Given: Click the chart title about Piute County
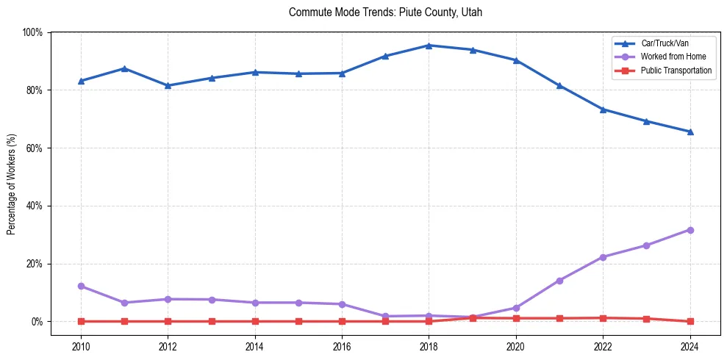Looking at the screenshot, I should click(x=385, y=12).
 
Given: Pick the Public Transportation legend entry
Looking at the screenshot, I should click(x=676, y=71).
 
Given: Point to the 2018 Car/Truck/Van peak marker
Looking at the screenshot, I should click(x=429, y=46).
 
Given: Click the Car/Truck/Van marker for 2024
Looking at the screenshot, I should click(x=690, y=132).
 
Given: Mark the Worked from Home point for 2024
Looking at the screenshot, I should click(x=690, y=230).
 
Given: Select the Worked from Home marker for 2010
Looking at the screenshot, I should click(x=81, y=286).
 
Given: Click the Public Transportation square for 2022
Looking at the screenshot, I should click(x=603, y=318).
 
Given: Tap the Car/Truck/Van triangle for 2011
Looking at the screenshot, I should click(x=124, y=68).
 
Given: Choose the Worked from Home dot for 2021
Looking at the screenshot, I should click(x=559, y=281).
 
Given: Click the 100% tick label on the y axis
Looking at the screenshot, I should click(x=32, y=32).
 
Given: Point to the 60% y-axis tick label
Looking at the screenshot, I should click(x=34, y=148).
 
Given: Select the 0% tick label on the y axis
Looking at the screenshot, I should click(x=36, y=322).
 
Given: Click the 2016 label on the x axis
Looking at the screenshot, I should click(x=342, y=345).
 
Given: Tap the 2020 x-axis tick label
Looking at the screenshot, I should click(x=515, y=345).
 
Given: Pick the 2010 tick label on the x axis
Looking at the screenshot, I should click(x=81, y=345).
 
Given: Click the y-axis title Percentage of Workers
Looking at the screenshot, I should click(x=12, y=177).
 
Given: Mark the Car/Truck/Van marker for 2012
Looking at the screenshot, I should click(x=168, y=86).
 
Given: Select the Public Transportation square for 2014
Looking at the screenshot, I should click(x=254, y=321).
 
